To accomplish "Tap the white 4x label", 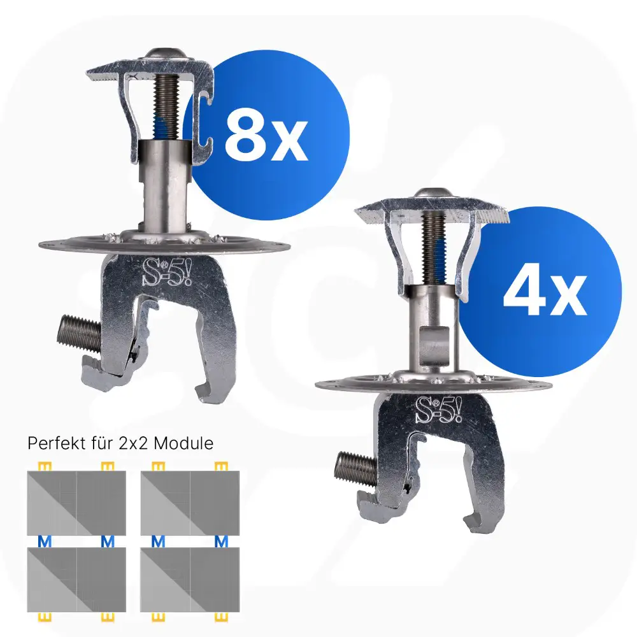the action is click(545, 292).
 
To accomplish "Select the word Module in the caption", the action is click(183, 443).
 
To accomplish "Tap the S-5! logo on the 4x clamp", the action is click(438, 410).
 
